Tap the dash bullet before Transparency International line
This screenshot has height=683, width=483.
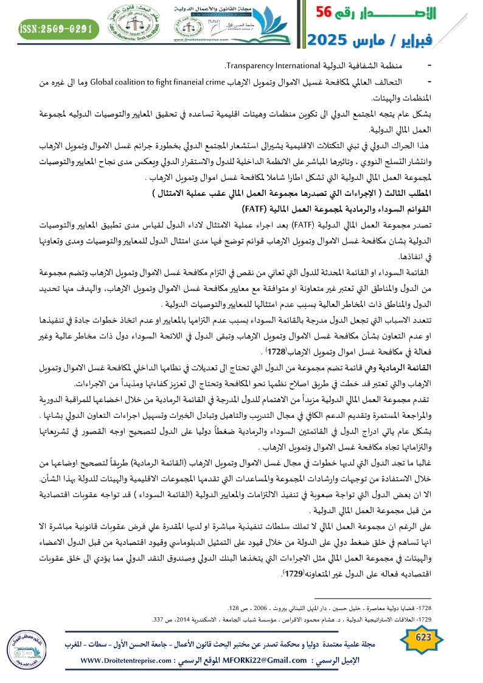430,65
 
